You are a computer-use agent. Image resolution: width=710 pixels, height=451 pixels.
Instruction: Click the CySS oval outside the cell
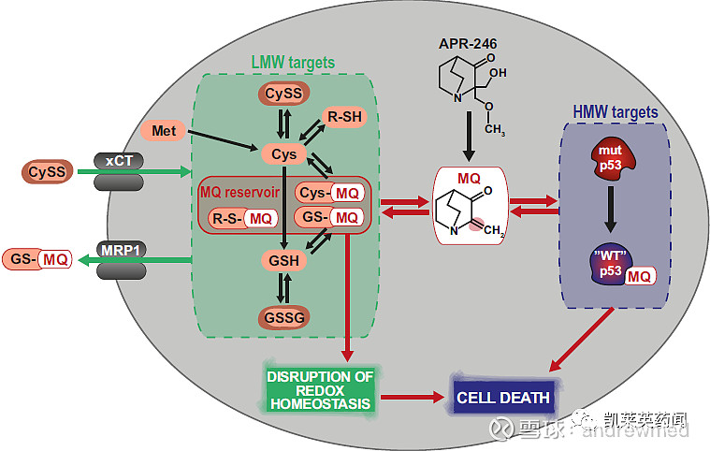point(47,171)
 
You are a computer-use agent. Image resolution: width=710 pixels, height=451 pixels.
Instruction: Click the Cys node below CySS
point(283,153)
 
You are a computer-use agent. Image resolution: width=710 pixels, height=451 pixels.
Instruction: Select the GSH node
point(282,261)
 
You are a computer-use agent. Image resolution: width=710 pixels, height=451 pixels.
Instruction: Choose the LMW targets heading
point(293,63)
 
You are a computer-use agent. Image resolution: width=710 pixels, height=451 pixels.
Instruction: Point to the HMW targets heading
point(615,112)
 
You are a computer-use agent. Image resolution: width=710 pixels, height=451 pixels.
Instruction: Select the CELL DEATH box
point(504,398)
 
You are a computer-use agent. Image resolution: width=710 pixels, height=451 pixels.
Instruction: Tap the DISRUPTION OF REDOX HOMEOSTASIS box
point(320,390)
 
